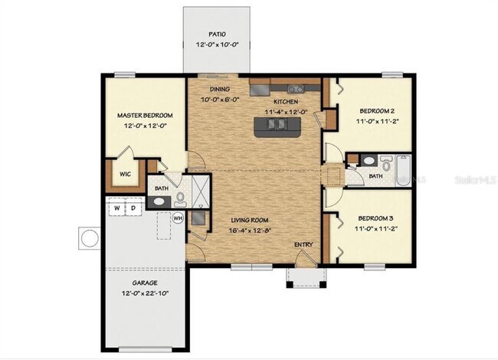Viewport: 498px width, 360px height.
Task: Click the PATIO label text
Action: [x=218, y=34]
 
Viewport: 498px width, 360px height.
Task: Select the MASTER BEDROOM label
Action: [x=145, y=115]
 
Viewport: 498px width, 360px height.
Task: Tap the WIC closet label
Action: [x=124, y=174]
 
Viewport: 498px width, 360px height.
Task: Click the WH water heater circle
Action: [x=178, y=218]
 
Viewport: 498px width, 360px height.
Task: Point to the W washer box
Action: [x=117, y=208]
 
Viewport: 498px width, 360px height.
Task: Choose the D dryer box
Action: [x=133, y=208]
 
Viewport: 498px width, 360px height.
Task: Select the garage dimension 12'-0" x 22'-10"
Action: [x=145, y=293]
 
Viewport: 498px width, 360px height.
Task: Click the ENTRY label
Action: [x=303, y=244]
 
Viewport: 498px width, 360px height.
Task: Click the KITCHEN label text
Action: [x=286, y=101]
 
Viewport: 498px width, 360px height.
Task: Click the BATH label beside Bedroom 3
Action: [x=375, y=177]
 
